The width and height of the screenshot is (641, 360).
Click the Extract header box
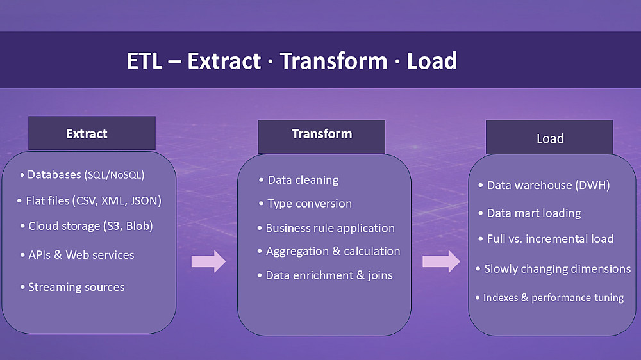(x=92, y=133)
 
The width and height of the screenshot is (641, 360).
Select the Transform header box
(x=321, y=136)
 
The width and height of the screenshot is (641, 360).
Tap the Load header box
(x=549, y=137)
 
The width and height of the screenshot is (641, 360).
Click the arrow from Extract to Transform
(x=208, y=261)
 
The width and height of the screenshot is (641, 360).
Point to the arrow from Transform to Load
(x=441, y=261)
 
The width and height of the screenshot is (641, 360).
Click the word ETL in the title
(x=145, y=61)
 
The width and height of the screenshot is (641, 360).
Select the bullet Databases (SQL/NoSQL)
(x=83, y=175)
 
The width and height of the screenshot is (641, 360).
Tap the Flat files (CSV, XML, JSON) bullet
(x=90, y=200)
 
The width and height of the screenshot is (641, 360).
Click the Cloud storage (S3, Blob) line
(x=87, y=226)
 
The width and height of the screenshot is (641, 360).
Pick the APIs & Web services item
(x=78, y=254)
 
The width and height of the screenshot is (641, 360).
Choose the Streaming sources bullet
(x=72, y=287)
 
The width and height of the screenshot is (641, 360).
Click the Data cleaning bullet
(x=299, y=180)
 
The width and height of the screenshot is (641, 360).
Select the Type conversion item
(x=305, y=204)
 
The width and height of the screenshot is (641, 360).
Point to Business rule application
(x=326, y=228)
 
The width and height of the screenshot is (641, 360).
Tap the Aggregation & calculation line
(x=329, y=251)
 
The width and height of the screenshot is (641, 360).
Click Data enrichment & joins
(x=325, y=275)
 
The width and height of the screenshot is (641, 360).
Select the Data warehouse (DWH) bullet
(x=544, y=185)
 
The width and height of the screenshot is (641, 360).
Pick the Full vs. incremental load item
(x=546, y=239)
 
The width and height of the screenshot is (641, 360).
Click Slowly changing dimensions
(x=554, y=269)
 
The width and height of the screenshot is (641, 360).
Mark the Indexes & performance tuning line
(x=550, y=297)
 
